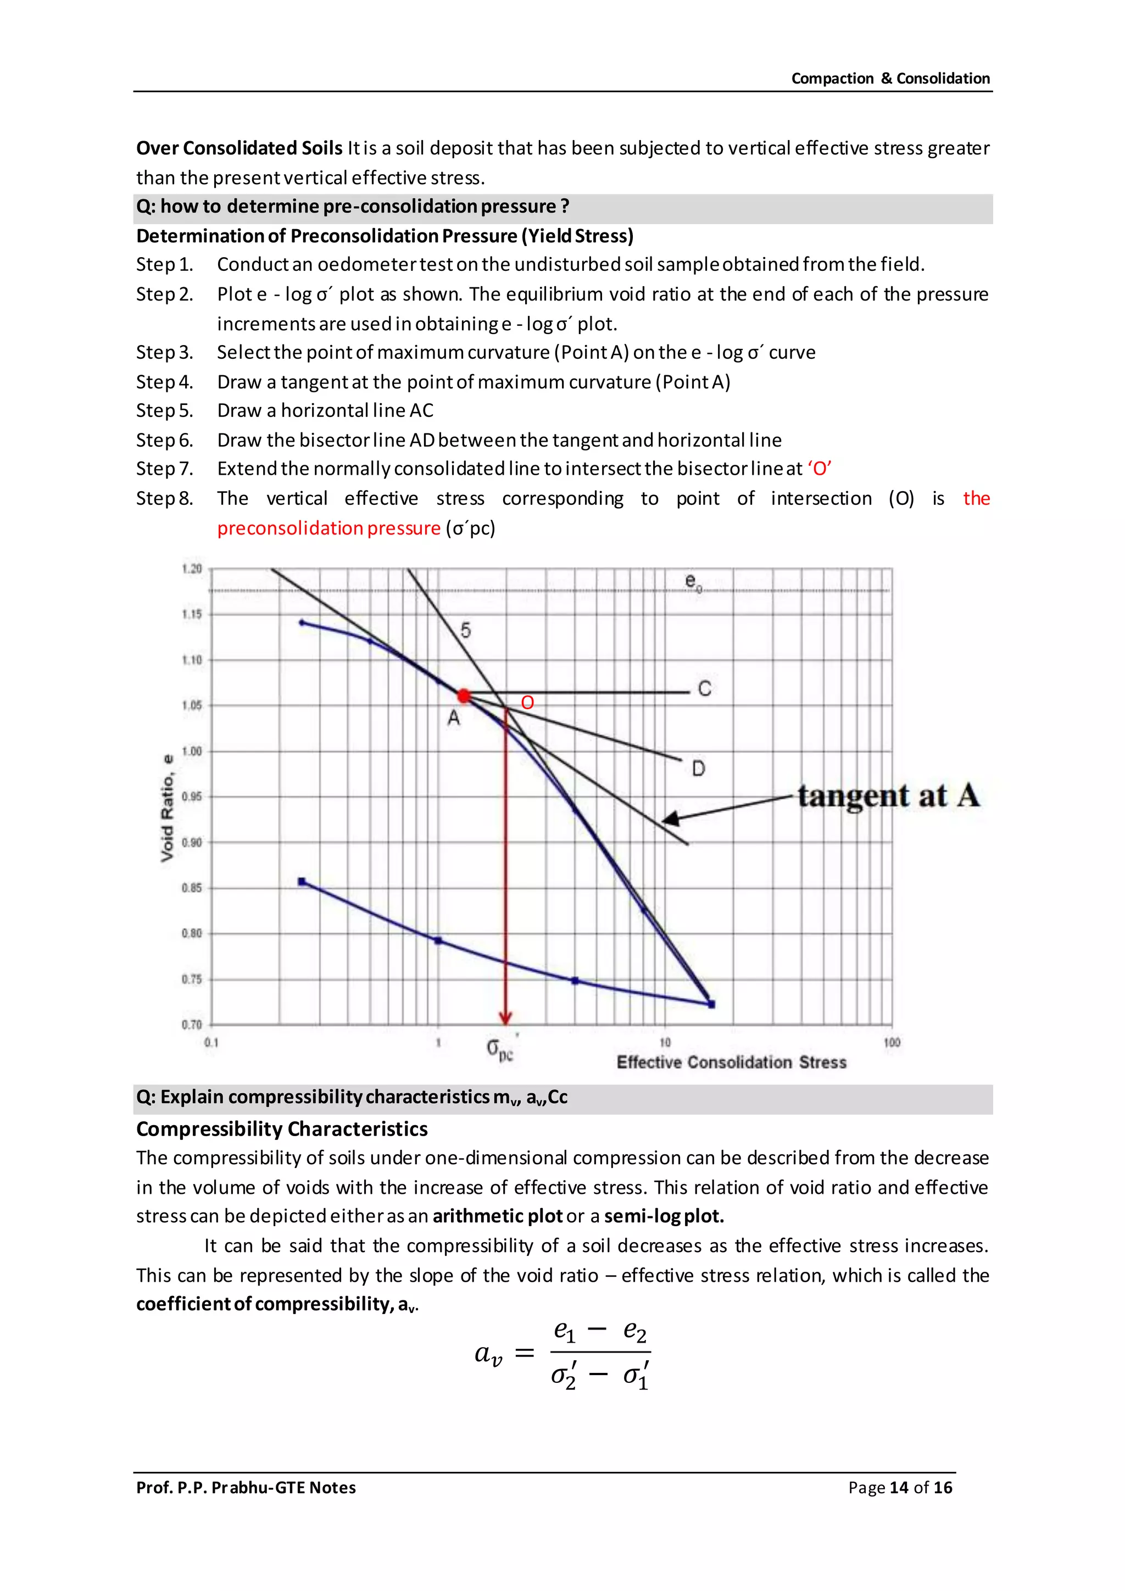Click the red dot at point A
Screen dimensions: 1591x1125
pyautogui.click(x=464, y=696)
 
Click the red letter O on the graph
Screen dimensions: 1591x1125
pyautogui.click(x=527, y=703)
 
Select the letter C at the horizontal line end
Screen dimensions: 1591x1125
pyautogui.click(x=705, y=689)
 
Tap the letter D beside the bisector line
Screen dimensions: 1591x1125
pyautogui.click(x=698, y=769)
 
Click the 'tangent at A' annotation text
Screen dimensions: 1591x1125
pyautogui.click(x=888, y=795)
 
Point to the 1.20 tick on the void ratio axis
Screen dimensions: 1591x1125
pyautogui.click(x=192, y=569)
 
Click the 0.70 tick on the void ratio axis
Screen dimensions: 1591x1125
pyautogui.click(x=192, y=1024)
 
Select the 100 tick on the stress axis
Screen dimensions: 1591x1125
pyautogui.click(x=892, y=1042)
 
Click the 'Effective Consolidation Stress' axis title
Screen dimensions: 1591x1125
pyautogui.click(x=732, y=1062)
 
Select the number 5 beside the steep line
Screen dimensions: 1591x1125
pyautogui.click(x=465, y=630)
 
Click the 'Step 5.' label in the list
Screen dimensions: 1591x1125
pyautogui.click(x=164, y=410)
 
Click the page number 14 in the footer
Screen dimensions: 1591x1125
pyautogui.click(x=899, y=1487)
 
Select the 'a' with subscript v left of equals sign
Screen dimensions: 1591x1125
pyautogui.click(x=488, y=1353)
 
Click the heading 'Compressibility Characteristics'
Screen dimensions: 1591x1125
pyautogui.click(x=281, y=1129)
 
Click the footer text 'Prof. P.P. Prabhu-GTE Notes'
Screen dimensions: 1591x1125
pyautogui.click(x=246, y=1487)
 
